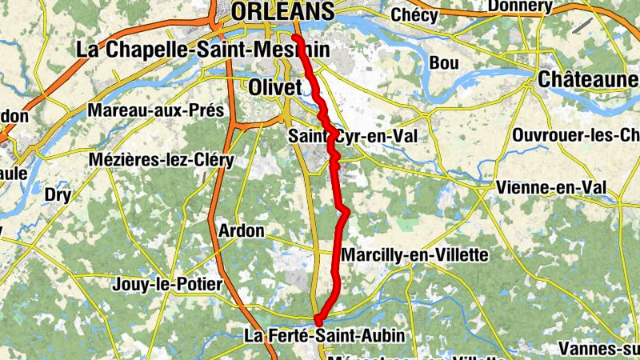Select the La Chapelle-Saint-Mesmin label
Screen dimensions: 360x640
click(202, 49)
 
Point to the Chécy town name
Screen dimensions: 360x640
click(414, 15)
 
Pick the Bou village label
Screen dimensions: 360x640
click(444, 62)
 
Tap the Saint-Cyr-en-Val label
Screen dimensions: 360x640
click(353, 137)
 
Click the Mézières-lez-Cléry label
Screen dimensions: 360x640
click(162, 160)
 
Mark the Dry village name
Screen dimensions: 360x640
click(58, 194)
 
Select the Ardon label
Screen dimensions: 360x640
click(241, 231)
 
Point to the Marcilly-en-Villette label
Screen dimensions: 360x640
click(414, 255)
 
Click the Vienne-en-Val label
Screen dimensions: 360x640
click(550, 187)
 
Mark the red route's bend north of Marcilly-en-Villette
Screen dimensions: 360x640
click(345, 210)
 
